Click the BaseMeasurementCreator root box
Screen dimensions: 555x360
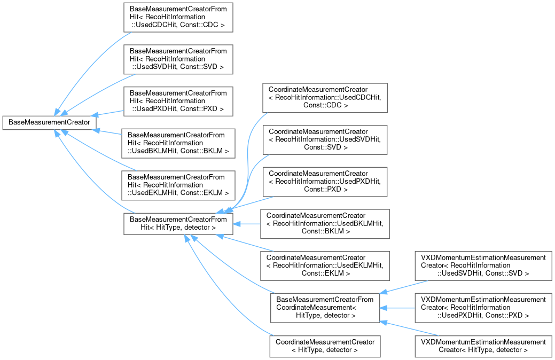point(49,122)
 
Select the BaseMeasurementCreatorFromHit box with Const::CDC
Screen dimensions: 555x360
point(178,17)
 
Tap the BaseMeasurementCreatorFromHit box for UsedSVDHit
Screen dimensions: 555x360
point(178,59)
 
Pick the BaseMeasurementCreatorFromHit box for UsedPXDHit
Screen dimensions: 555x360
point(178,101)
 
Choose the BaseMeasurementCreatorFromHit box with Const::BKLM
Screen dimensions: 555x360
point(178,143)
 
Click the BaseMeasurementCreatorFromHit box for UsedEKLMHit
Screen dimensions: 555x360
point(178,185)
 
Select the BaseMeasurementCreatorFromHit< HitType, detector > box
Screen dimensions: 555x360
point(178,224)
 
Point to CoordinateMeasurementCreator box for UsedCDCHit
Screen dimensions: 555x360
point(325,98)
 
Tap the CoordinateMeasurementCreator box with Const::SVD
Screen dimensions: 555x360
point(325,140)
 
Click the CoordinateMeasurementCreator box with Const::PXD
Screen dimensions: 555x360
point(325,182)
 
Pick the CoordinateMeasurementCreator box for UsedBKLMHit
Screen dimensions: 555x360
point(325,224)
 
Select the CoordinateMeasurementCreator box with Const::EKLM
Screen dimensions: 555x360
point(325,266)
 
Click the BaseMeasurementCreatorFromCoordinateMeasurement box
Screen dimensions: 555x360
point(325,308)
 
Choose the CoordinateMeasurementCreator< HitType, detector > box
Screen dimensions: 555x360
point(325,346)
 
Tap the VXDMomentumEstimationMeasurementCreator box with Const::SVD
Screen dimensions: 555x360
point(483,266)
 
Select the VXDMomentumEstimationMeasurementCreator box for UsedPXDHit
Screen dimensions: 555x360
point(483,308)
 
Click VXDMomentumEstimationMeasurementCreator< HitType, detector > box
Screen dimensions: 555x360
point(483,346)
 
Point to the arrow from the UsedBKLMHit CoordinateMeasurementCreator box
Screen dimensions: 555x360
point(247,224)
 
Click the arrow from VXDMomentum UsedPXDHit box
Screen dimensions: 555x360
point(397,308)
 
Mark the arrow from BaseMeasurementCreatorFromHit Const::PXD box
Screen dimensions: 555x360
point(107,113)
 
